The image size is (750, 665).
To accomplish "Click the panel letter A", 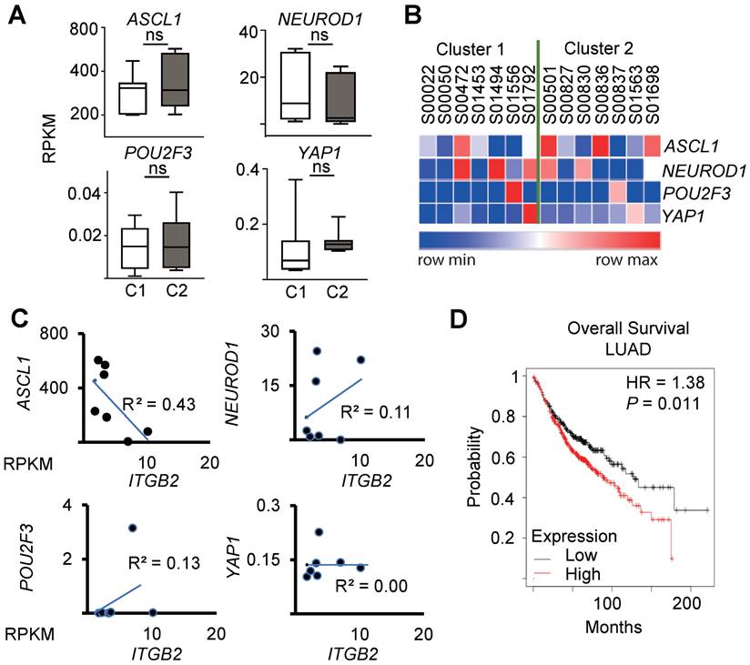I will (15, 15).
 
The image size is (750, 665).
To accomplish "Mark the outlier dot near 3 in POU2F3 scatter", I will (133, 528).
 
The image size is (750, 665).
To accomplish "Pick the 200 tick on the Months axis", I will (688, 603).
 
